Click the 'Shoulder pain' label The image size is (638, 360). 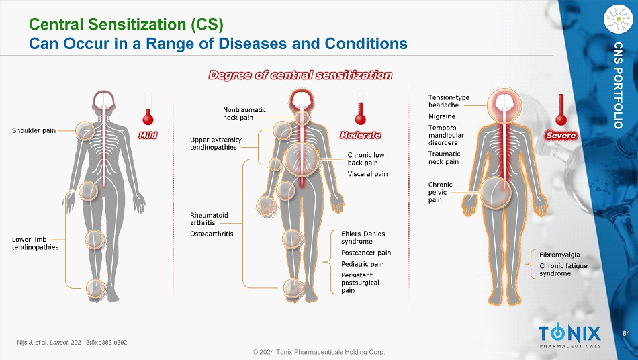tap(34, 130)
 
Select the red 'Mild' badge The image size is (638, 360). tap(148, 135)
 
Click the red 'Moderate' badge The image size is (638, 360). tap(361, 135)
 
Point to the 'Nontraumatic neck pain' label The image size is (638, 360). tap(244, 114)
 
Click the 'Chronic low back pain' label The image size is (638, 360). tap(366, 159)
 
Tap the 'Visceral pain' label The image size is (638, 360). tap(367, 174)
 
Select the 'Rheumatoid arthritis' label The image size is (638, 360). tap(210, 219)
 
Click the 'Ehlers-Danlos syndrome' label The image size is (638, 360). tap(363, 237)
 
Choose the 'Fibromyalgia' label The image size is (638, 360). tap(559, 255)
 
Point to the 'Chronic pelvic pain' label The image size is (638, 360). tap(441, 192)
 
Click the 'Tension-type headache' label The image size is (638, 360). tap(449, 101)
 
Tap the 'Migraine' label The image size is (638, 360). tap(442, 116)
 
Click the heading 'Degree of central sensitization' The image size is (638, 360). tap(300, 75)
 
